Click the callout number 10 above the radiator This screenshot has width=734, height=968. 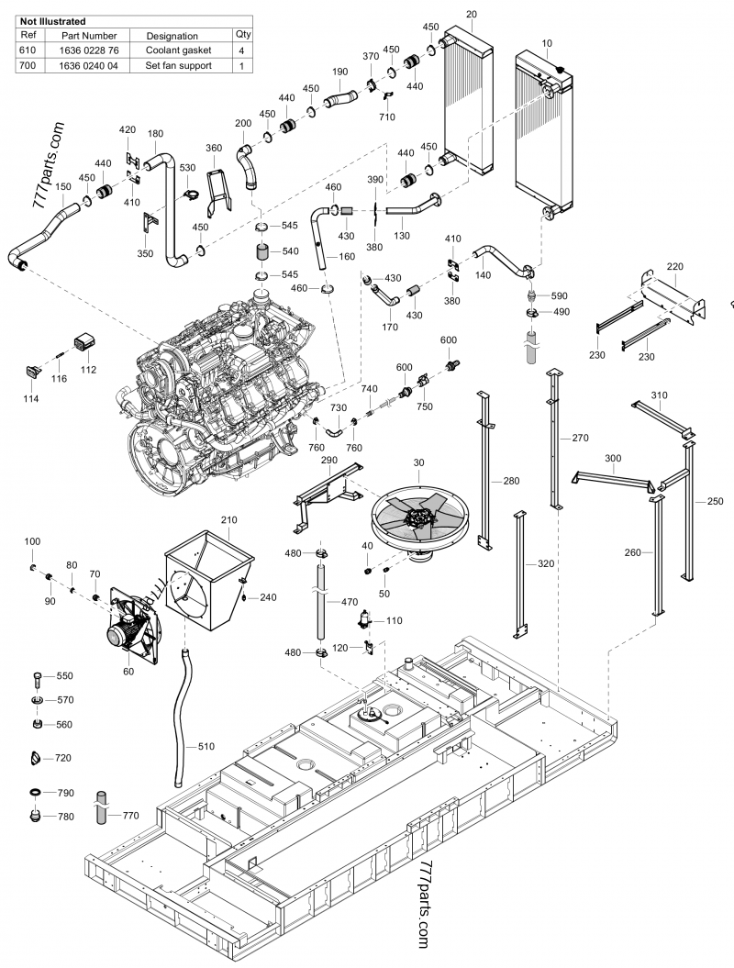548,44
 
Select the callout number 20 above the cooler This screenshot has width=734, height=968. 472,14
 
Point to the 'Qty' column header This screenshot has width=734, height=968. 242,35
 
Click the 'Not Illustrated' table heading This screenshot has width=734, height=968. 53,20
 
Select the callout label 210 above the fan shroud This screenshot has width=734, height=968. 228,520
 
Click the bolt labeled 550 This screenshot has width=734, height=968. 35,678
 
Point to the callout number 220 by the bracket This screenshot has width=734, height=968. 675,267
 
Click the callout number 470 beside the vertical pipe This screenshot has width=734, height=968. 349,603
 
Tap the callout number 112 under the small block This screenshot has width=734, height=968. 88,370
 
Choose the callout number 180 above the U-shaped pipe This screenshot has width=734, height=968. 155,134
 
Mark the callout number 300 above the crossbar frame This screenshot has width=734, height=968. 613,457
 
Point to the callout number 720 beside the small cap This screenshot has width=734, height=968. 63,758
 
